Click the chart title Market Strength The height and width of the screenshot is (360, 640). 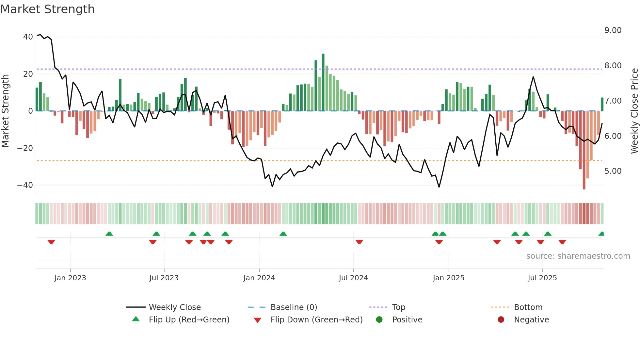[47, 9]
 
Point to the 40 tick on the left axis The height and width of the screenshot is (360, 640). [28, 37]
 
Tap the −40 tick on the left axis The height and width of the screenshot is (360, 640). [25, 185]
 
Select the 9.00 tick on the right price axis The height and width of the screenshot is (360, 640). [613, 30]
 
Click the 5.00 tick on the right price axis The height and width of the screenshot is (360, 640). [613, 171]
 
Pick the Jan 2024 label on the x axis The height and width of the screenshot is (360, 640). [259, 278]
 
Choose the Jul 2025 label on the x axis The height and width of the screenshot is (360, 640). [542, 278]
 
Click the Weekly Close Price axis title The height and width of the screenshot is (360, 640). [634, 111]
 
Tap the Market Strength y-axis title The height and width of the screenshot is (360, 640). [6, 111]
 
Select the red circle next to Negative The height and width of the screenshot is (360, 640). [501, 320]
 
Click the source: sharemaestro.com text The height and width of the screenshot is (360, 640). [578, 256]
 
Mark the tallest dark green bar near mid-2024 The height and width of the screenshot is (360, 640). [323, 82]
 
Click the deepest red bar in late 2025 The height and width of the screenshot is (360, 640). [584, 150]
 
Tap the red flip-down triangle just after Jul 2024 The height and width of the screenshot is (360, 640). [359, 242]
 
